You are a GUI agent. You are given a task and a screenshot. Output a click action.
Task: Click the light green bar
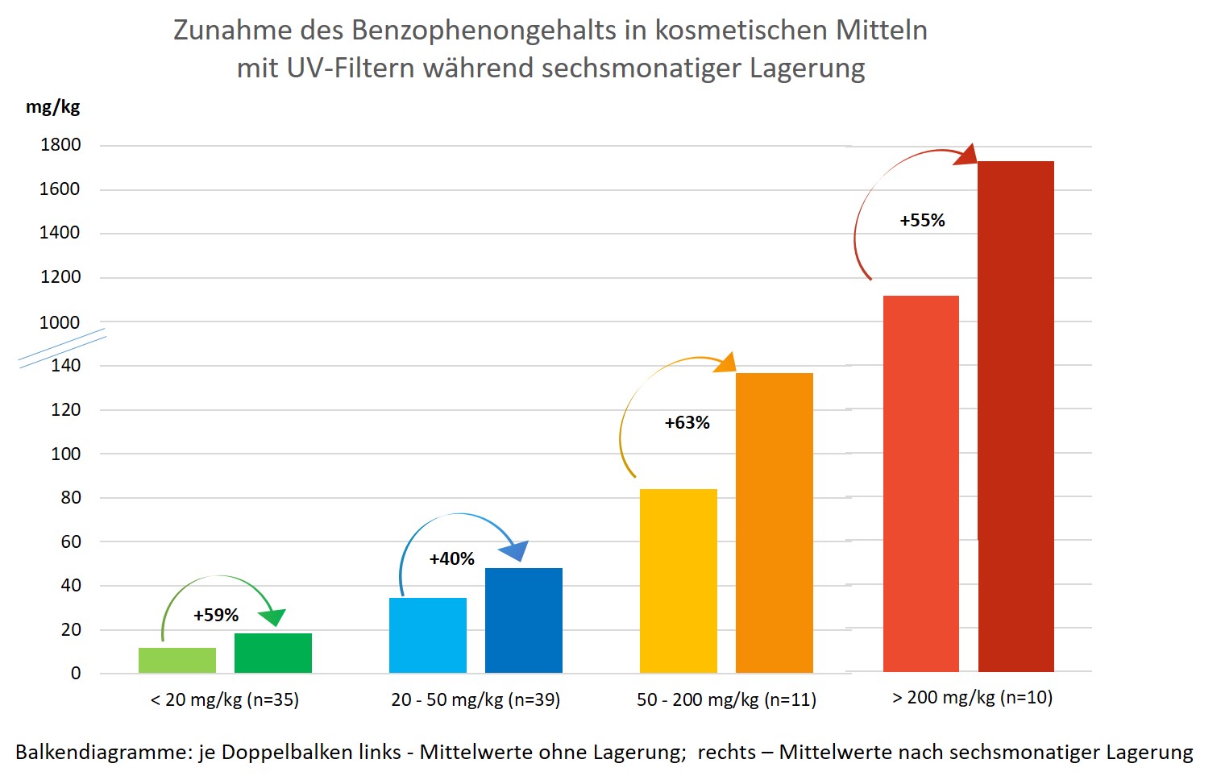(x=177, y=660)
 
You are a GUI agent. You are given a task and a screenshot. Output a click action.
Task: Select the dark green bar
(x=273, y=653)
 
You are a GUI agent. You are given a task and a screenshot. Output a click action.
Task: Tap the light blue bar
(x=428, y=635)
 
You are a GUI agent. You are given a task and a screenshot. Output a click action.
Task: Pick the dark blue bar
(x=524, y=620)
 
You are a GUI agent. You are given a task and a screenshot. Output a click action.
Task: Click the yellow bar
(x=679, y=580)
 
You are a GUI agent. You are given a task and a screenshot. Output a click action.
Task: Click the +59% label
(x=216, y=616)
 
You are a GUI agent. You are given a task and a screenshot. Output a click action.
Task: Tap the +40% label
(x=452, y=559)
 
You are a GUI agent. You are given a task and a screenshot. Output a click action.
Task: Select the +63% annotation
(x=687, y=423)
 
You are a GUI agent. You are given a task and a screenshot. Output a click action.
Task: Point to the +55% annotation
(x=923, y=221)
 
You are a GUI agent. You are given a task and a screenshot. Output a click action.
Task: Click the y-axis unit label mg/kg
(x=53, y=107)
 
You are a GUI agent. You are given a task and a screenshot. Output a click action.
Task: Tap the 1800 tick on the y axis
(x=60, y=145)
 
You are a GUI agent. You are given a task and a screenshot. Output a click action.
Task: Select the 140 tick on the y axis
(x=66, y=365)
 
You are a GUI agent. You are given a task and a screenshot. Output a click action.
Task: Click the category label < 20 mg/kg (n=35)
(x=225, y=699)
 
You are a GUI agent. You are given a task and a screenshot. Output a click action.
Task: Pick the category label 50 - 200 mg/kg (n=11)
(x=726, y=699)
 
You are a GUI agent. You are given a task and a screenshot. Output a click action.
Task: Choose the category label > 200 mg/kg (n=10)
(x=973, y=697)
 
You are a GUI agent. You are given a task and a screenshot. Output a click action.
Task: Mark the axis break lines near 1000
(x=63, y=347)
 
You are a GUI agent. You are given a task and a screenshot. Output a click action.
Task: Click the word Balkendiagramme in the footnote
(x=103, y=752)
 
